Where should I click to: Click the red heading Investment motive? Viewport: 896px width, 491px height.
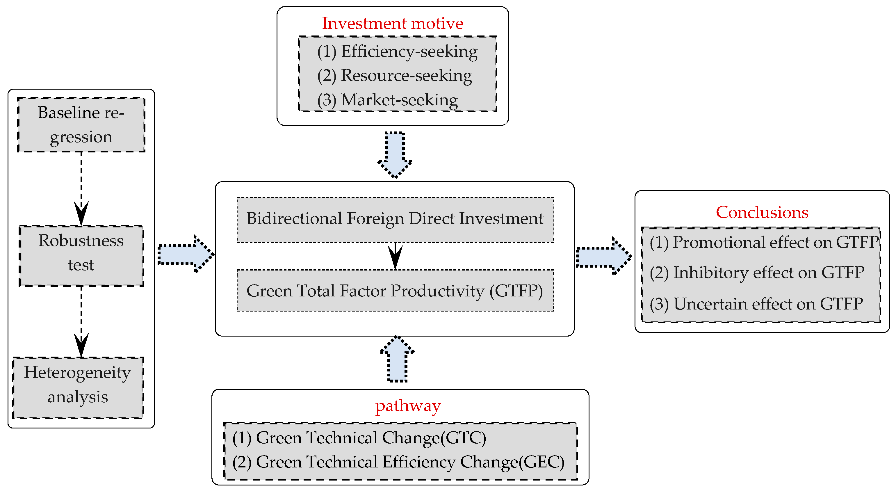point(392,24)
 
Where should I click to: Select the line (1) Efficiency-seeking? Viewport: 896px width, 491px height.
point(397,51)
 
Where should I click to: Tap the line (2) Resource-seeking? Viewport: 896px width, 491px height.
point(394,76)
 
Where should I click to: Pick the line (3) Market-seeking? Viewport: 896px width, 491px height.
point(387,100)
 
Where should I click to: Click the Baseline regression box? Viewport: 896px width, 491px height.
point(81,124)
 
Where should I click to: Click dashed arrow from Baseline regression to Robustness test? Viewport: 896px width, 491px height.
point(81,188)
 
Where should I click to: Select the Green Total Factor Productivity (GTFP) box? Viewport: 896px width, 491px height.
point(395,291)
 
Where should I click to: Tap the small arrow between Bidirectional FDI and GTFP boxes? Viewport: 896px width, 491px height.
point(395,257)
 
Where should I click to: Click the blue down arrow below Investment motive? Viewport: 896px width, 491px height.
point(395,155)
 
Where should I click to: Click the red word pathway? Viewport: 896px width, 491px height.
point(408,406)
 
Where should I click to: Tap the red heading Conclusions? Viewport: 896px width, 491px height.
point(762,212)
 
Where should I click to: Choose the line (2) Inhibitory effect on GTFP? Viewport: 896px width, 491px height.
point(756,273)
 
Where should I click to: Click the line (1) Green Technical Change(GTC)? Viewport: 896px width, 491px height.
point(359,438)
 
